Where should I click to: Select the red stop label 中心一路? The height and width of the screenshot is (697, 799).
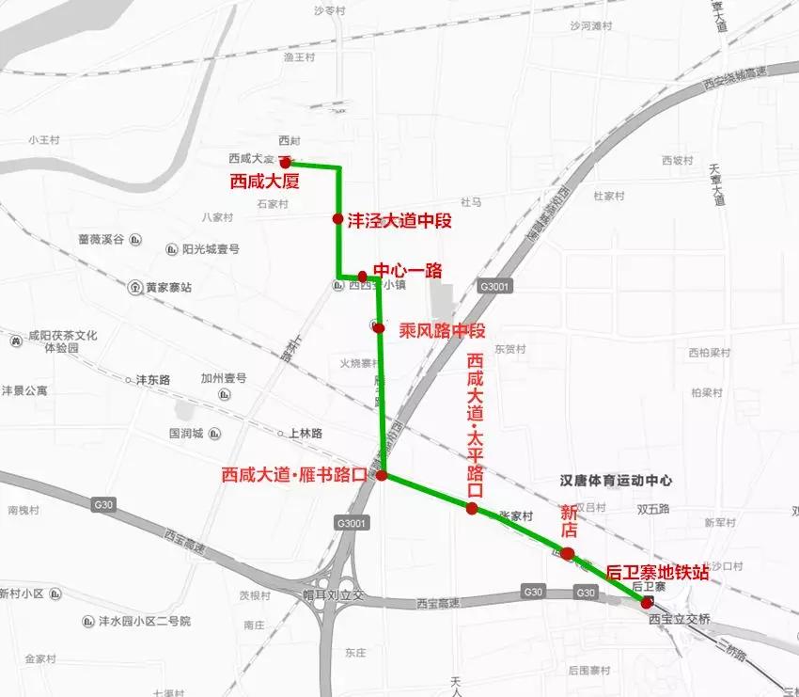(408, 271)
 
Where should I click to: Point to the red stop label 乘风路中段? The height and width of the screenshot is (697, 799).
(442, 331)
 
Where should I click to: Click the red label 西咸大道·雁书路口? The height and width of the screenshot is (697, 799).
(293, 476)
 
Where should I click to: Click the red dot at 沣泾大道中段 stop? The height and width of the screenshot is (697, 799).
(337, 219)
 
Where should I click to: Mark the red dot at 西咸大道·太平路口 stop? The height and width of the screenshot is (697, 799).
(472, 509)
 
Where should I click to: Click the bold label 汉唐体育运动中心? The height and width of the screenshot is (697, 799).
(616, 480)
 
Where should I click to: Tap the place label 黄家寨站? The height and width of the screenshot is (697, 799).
(168, 288)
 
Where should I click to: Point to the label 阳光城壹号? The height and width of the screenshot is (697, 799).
(211, 249)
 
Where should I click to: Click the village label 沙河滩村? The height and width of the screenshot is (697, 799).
(591, 26)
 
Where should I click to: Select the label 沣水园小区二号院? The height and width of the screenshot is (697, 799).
(145, 622)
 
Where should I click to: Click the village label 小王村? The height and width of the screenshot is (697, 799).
(43, 140)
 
